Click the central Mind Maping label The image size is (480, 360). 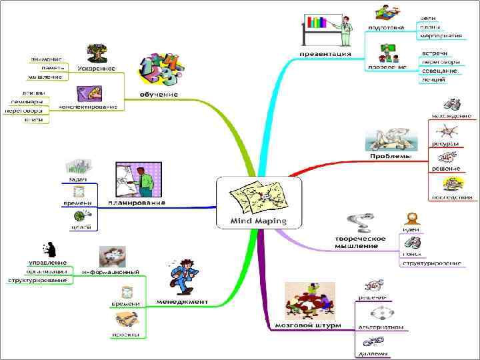pyautogui.click(x=258, y=221)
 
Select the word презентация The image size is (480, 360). pyautogui.click(x=325, y=54)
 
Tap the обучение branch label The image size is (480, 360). pyautogui.click(x=158, y=95)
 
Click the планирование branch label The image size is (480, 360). pyautogui.click(x=137, y=202)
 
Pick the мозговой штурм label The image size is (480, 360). pyautogui.click(x=308, y=325)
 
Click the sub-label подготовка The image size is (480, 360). pyautogui.click(x=387, y=27)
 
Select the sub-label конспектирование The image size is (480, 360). pyautogui.click(x=88, y=107)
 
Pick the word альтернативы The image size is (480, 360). pyautogui.click(x=380, y=327)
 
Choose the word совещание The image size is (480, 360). pyautogui.click(x=439, y=70)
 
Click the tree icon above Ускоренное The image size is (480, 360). pyautogui.click(x=97, y=53)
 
